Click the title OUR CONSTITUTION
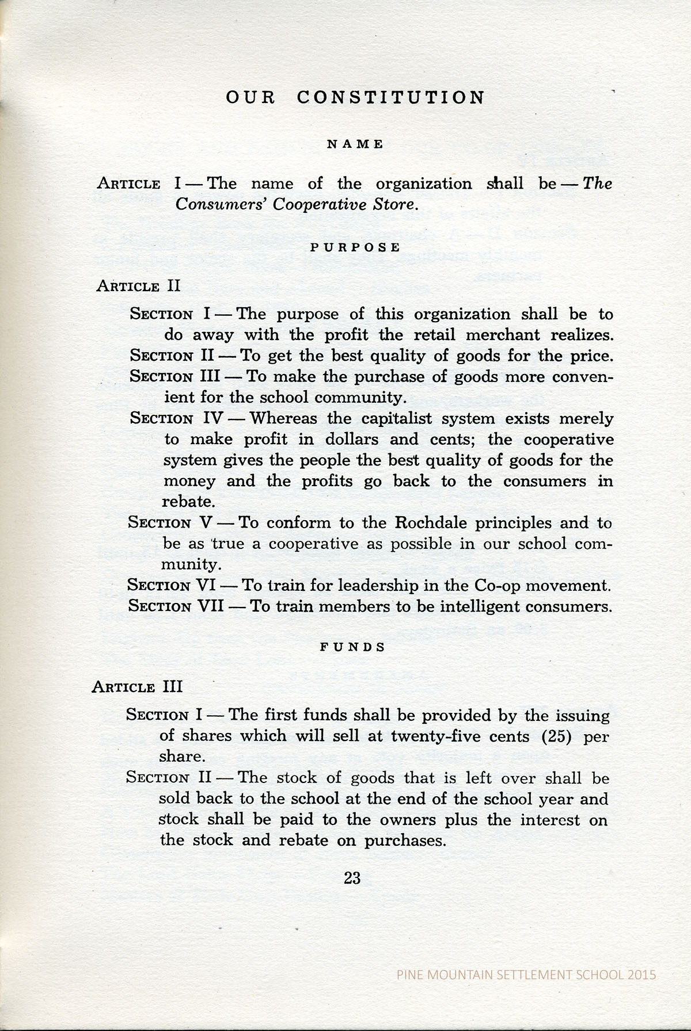355,97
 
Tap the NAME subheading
355,144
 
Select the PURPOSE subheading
355,248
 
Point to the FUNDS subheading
352,647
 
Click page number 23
352,878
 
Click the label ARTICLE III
137,687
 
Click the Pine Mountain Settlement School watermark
527,975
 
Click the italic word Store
394,205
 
